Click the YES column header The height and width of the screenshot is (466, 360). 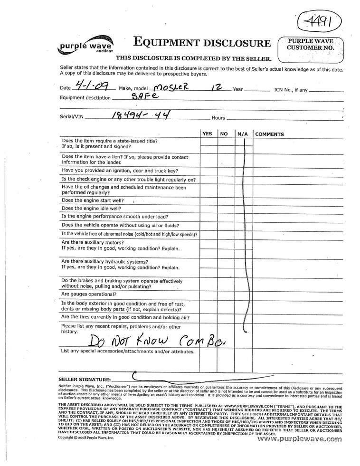click(207, 134)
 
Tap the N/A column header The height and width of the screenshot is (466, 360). click(243, 134)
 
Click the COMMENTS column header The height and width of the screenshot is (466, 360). click(269, 134)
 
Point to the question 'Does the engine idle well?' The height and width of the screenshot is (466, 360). click(92, 208)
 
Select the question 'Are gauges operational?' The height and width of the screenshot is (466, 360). click(89, 294)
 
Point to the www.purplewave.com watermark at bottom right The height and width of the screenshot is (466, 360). click(300, 439)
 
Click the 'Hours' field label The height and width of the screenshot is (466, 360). click(218, 118)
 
